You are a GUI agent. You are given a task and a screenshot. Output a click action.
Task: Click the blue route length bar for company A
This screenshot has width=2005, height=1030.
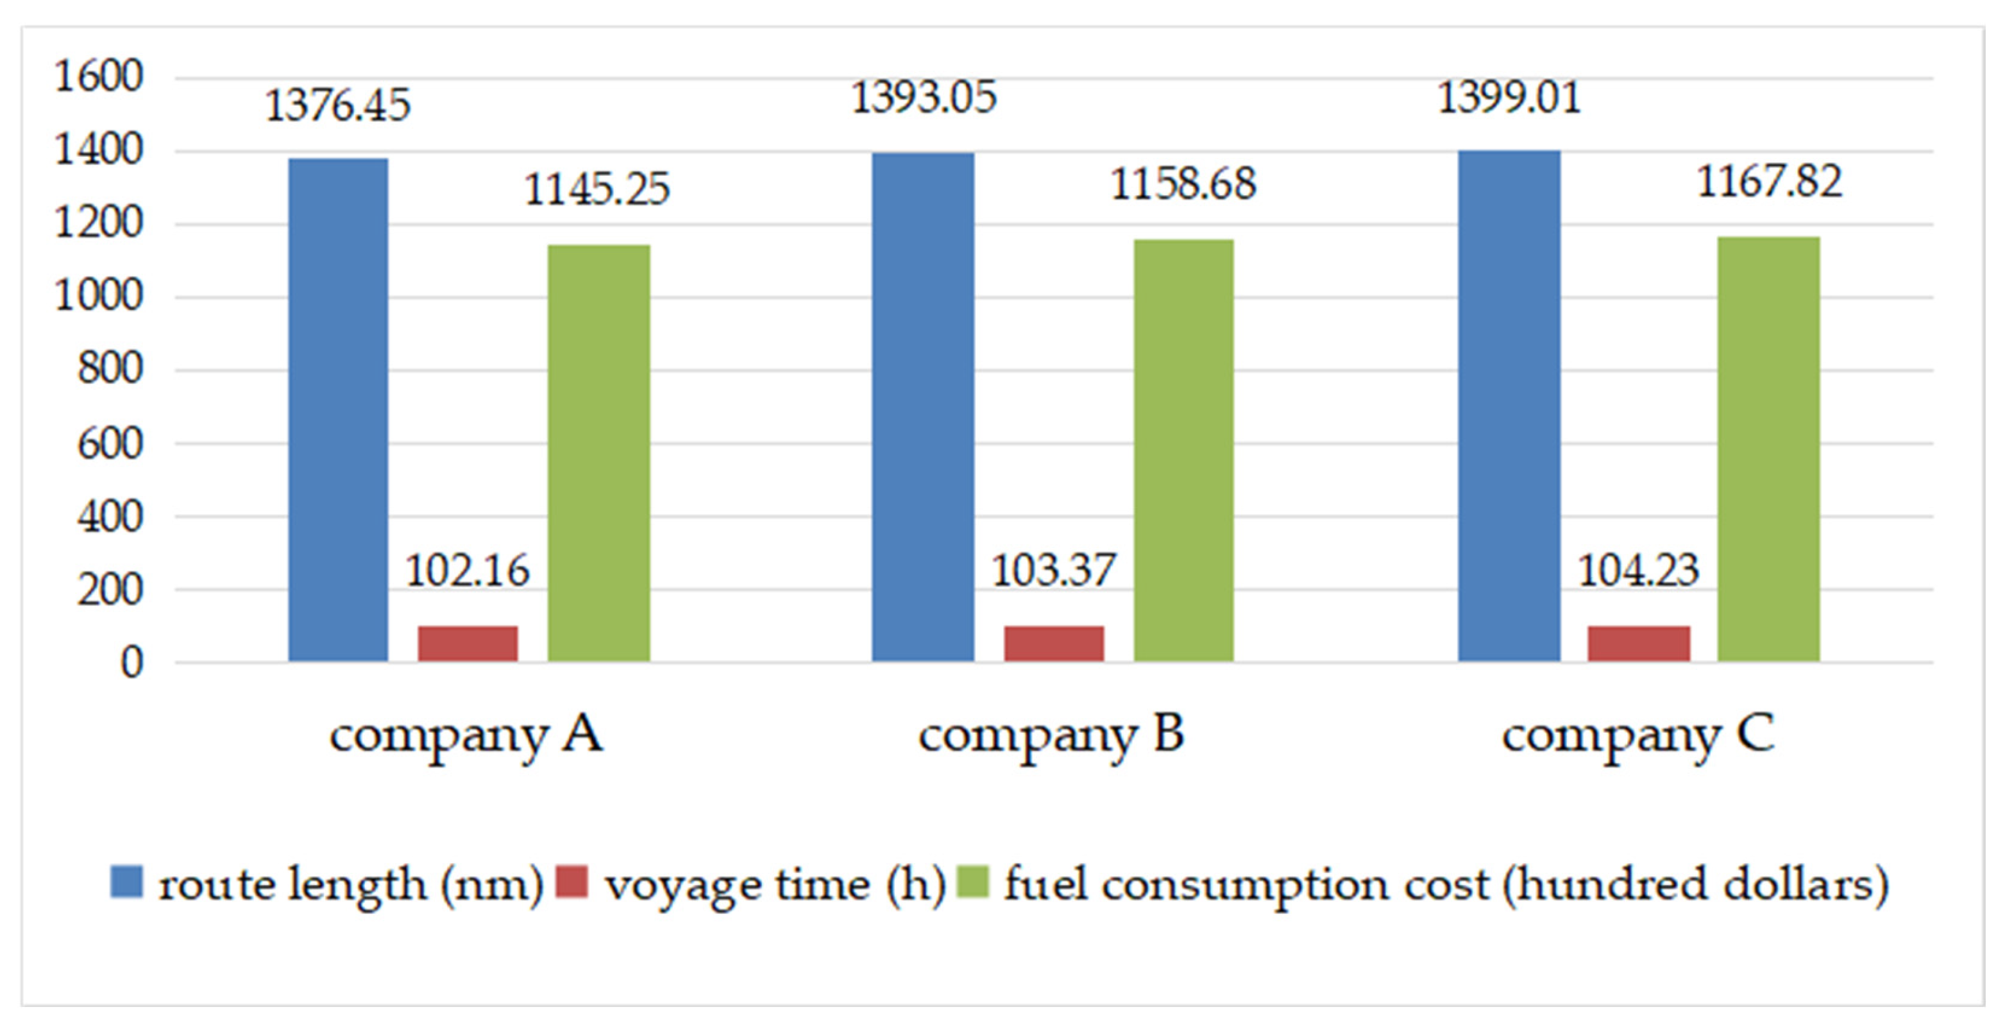[x=338, y=410]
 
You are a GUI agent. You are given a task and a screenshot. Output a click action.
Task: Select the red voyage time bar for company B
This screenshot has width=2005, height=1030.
[x=1053, y=644]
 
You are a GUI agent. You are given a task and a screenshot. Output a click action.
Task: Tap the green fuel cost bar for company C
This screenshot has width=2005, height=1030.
[x=1768, y=449]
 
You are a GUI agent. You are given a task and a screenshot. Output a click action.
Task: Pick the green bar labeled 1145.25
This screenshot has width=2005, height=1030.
[x=598, y=453]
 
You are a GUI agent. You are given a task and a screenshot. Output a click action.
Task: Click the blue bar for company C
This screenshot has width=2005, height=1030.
[x=1509, y=406]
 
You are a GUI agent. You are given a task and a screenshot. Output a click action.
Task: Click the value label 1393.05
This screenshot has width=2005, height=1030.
[x=923, y=98]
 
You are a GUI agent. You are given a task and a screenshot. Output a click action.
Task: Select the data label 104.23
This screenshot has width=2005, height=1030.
[x=1637, y=571]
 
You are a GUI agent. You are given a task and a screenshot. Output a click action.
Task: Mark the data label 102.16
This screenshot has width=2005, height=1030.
[x=467, y=571]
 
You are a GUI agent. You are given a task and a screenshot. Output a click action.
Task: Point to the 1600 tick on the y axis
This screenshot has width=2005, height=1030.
[x=98, y=77]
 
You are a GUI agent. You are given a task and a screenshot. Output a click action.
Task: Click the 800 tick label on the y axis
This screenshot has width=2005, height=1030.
[x=110, y=369]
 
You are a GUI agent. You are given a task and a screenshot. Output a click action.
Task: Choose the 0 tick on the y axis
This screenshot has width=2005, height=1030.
[x=131, y=662]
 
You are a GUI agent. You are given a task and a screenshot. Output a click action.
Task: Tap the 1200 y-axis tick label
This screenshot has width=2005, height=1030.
[x=98, y=223]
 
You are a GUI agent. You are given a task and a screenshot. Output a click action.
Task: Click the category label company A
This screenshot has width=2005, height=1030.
[x=466, y=735]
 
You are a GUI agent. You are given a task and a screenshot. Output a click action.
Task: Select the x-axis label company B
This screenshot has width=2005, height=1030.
[x=1051, y=735]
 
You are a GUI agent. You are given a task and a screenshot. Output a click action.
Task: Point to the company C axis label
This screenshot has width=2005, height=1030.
[x=1637, y=735]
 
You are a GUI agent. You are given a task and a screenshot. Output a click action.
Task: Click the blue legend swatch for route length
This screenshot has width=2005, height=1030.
[x=126, y=882]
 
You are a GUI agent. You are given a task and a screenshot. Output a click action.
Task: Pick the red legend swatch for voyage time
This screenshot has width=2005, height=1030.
[x=571, y=882]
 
